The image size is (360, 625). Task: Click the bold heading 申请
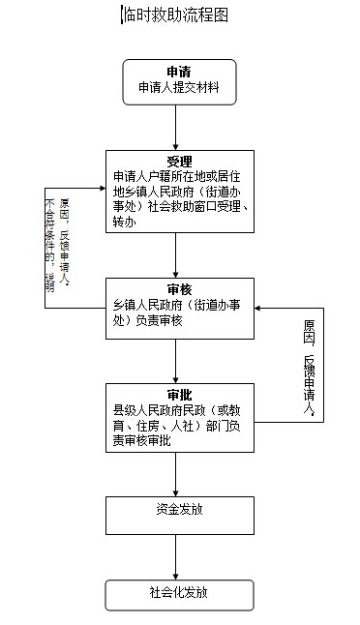178,72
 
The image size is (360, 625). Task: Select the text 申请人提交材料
179,88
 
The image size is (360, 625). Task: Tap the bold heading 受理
179,160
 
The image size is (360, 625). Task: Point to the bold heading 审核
179,289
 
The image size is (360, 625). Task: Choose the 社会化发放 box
179,592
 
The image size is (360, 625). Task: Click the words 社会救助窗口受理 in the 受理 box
201,205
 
